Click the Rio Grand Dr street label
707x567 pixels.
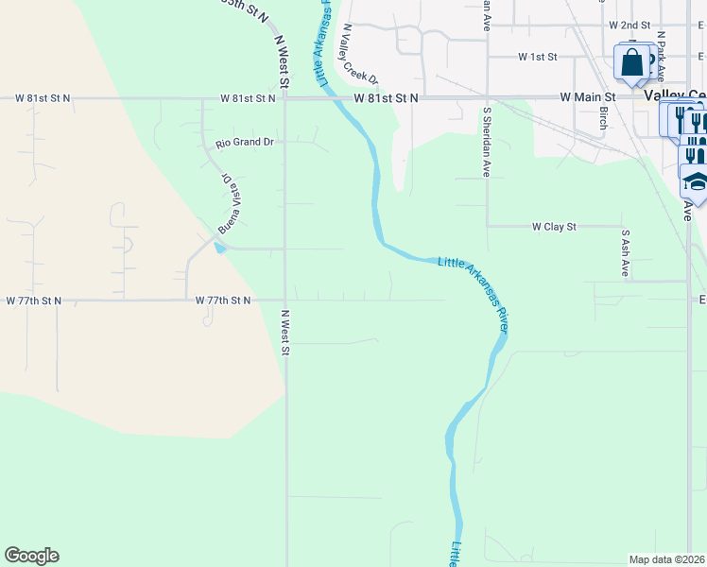[x=244, y=143]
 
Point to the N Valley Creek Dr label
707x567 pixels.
[x=359, y=55]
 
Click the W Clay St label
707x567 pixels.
[x=555, y=227]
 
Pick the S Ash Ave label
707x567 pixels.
[x=625, y=252]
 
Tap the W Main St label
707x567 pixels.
[x=587, y=97]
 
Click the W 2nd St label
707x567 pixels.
[x=630, y=25]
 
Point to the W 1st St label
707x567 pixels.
[x=538, y=58]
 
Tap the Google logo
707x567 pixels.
[x=31, y=556]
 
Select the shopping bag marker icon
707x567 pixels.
[x=631, y=63]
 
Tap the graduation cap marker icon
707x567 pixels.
[x=696, y=182]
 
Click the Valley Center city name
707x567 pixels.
[x=674, y=96]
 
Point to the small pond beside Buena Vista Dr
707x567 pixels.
[x=219, y=248]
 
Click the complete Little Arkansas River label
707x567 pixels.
[x=474, y=292]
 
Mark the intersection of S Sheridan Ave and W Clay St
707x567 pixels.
[x=487, y=227]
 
